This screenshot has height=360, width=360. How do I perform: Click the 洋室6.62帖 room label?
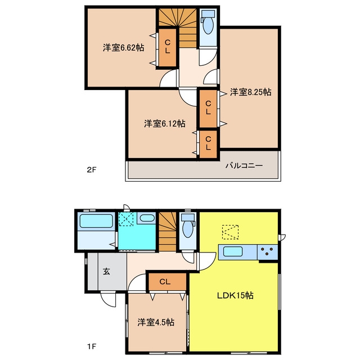tap(124, 48)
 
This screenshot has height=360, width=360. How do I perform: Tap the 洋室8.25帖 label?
tap(251, 92)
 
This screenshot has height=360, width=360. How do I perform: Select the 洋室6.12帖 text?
tap(165, 124)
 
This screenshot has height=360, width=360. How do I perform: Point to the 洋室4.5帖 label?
tap(156, 322)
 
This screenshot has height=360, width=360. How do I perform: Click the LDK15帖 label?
tap(235, 295)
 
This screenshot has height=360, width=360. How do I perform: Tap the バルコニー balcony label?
tap(244, 165)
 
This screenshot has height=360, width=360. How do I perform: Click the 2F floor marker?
tap(91, 170)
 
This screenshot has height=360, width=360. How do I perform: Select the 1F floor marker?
tap(91, 346)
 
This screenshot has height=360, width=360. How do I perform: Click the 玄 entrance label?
tap(106, 271)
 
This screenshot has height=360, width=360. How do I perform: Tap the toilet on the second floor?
tap(208, 22)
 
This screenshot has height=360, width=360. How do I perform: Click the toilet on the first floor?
tap(188, 226)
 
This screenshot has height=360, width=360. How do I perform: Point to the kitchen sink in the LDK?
tap(233, 252)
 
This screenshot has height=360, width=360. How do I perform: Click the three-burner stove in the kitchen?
tap(268, 252)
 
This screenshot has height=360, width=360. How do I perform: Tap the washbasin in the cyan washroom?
tap(146, 218)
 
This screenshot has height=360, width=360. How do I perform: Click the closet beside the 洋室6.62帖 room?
tap(168, 47)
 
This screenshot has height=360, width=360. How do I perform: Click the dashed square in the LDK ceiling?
tap(230, 232)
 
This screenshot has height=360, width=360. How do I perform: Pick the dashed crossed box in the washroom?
tap(126, 219)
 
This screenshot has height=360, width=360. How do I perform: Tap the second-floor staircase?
tap(178, 28)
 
